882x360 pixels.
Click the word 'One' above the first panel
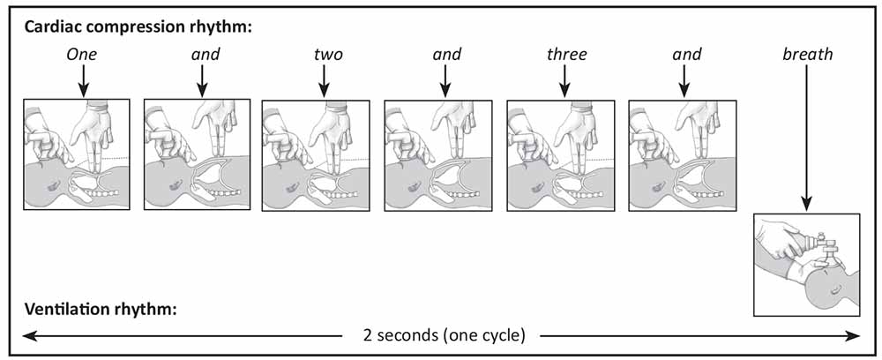click(x=83, y=55)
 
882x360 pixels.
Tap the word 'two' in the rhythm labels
click(x=327, y=55)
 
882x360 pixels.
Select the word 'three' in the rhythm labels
click(x=567, y=55)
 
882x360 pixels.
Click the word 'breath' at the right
click(x=807, y=55)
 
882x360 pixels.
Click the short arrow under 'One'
click(x=83, y=80)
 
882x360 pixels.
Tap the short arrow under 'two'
click(x=324, y=80)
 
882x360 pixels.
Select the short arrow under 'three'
click(x=564, y=80)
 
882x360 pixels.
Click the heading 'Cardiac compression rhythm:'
click(x=138, y=27)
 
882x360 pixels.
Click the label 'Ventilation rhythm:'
click(x=101, y=309)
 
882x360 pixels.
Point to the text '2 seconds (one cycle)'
click(x=445, y=336)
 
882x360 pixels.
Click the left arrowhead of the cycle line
click(x=28, y=336)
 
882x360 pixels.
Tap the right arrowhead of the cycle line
click(x=853, y=336)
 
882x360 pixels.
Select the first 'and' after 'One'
click(x=205, y=55)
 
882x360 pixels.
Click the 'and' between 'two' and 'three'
click(x=447, y=55)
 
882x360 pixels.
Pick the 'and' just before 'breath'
click(x=687, y=55)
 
